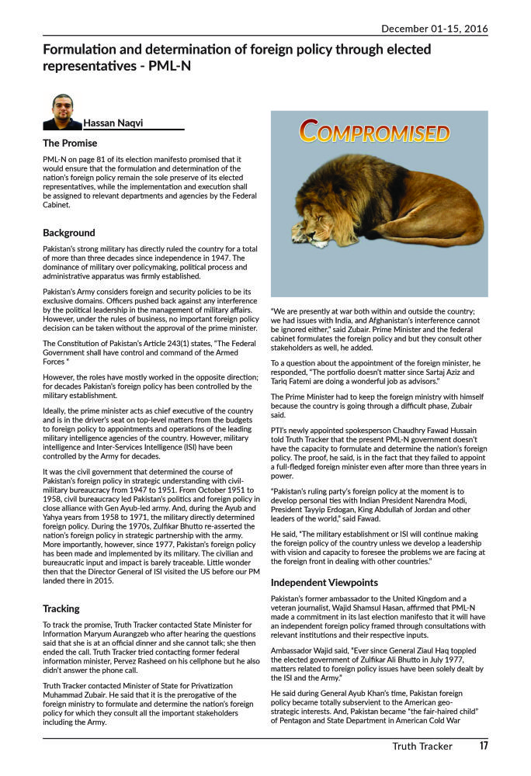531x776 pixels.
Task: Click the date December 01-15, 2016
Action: tap(434, 29)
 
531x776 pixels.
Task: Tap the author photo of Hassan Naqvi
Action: tap(62, 112)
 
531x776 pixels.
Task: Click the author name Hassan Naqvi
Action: tap(113, 123)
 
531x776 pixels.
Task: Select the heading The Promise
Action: tap(70, 143)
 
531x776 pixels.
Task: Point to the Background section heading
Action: tap(69, 232)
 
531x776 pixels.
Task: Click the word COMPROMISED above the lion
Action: tap(375, 132)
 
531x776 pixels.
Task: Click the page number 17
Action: tap(483, 747)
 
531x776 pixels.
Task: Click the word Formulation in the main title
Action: tap(84, 50)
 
